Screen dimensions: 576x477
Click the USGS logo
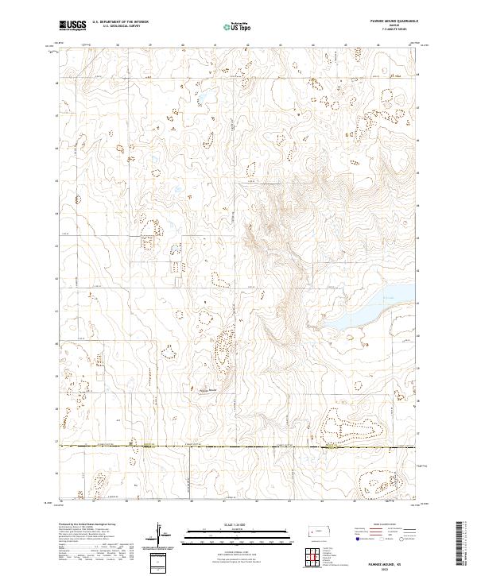click(x=72, y=25)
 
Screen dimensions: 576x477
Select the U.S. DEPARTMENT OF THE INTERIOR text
click(x=120, y=22)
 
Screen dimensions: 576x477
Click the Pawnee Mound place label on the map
click(x=207, y=389)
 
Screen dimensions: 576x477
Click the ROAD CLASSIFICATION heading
click(x=382, y=524)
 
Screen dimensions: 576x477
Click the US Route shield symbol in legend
click(x=380, y=538)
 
